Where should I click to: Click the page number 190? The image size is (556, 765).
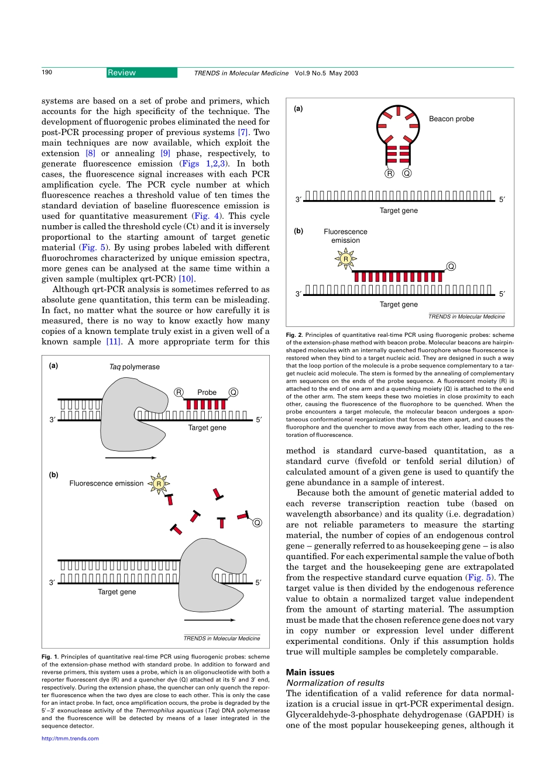47,73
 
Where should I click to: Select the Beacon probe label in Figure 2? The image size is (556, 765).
451,119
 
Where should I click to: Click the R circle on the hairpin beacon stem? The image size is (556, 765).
389,173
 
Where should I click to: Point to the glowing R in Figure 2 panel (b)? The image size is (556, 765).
345,259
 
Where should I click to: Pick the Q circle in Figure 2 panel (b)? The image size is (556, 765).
451,267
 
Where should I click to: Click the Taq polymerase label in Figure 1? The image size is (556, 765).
134,367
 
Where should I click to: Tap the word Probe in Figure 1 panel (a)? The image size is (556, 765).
207,392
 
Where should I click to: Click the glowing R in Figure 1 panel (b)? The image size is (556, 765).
159,484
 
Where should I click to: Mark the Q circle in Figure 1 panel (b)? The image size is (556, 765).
256,522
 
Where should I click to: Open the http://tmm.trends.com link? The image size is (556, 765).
70,739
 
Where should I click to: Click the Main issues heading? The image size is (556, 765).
310,673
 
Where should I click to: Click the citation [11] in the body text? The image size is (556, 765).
113,342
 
